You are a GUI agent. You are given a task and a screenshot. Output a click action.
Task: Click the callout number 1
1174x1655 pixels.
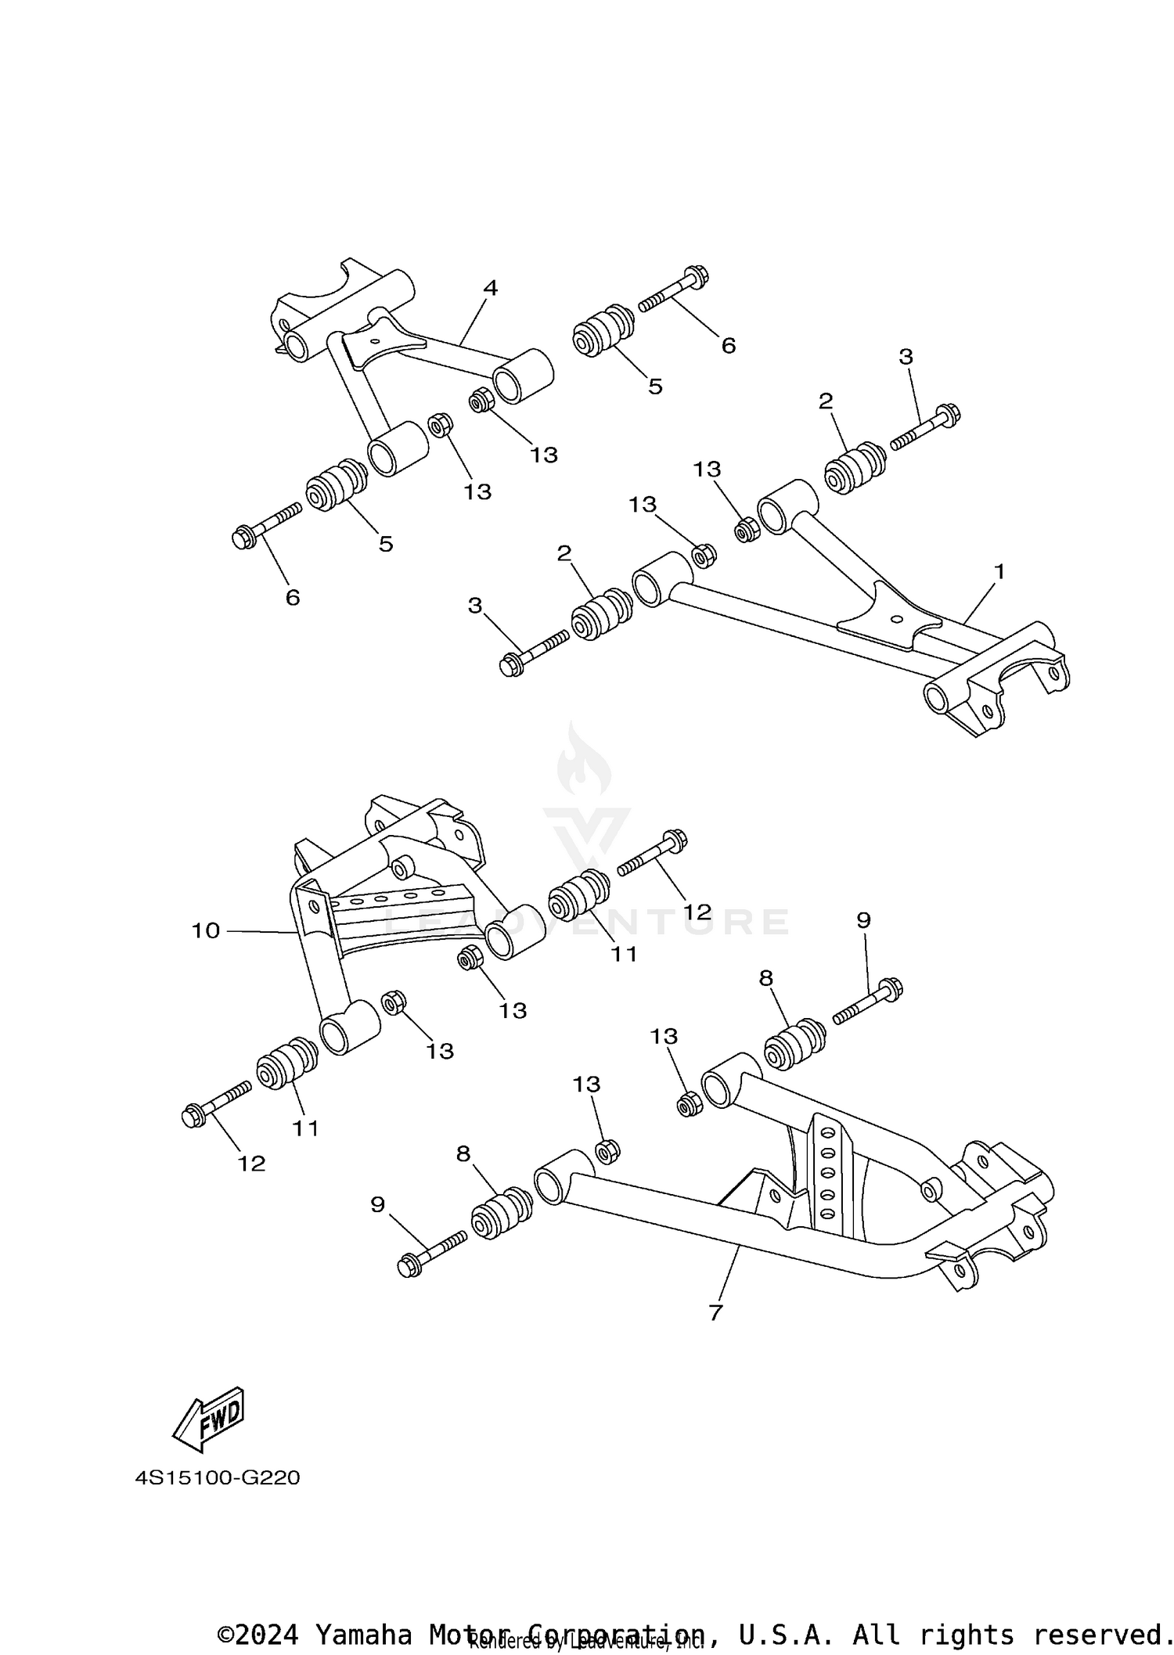[999, 572]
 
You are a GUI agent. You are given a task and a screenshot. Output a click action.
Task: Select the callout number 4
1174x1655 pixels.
[490, 288]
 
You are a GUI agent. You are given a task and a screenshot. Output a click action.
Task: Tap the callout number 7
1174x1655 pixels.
[715, 1312]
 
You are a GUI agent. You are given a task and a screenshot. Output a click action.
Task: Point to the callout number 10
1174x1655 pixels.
[206, 930]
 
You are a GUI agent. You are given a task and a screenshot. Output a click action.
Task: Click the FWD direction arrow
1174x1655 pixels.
[209, 1421]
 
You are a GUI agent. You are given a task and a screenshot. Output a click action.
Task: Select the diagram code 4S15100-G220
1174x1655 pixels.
[217, 1478]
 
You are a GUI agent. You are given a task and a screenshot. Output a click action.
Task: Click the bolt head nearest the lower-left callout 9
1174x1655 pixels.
[409, 1265]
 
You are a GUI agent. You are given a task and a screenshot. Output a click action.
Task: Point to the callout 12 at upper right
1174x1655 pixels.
[697, 912]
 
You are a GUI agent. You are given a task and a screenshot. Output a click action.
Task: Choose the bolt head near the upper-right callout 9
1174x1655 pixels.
[891, 988]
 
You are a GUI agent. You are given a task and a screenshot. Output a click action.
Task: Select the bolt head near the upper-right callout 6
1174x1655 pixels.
[697, 275]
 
